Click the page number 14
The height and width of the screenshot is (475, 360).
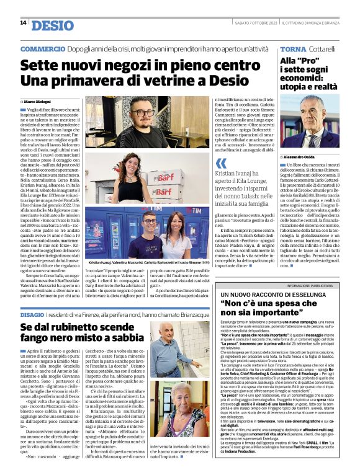coord(23,23)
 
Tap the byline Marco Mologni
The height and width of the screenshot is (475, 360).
coord(38,101)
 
